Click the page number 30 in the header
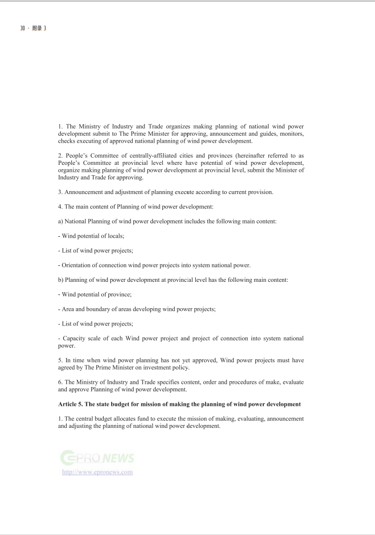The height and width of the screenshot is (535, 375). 22,28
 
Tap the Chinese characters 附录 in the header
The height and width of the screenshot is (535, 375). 37,28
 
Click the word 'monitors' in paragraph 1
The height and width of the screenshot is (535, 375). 291,134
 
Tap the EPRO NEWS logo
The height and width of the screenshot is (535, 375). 97,458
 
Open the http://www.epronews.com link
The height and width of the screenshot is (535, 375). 97,472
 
